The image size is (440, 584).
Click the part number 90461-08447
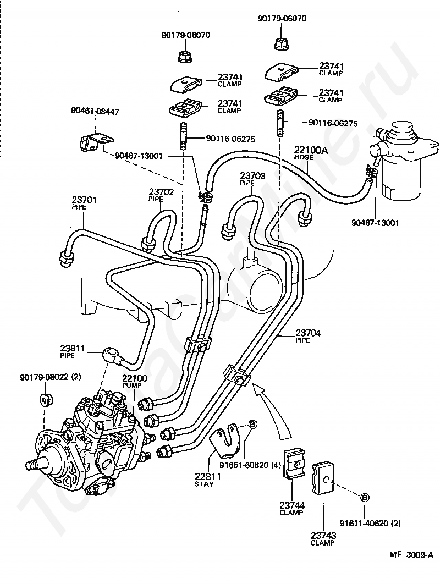point(95,112)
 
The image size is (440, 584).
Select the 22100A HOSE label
point(311,153)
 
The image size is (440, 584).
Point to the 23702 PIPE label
point(161,195)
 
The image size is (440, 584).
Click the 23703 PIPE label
point(252,179)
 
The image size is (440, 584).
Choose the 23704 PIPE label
point(308,336)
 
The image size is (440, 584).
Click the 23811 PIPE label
point(72,351)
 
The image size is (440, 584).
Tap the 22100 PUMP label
point(135,382)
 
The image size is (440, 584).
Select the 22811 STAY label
point(207,480)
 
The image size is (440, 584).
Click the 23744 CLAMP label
point(292,509)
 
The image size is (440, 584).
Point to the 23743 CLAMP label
point(323,538)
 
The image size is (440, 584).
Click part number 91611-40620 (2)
point(370,524)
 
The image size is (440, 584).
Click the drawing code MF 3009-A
point(411,565)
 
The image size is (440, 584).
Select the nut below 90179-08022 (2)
point(46,400)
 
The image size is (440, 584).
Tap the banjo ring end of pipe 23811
point(109,351)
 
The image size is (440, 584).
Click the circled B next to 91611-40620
point(365,498)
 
